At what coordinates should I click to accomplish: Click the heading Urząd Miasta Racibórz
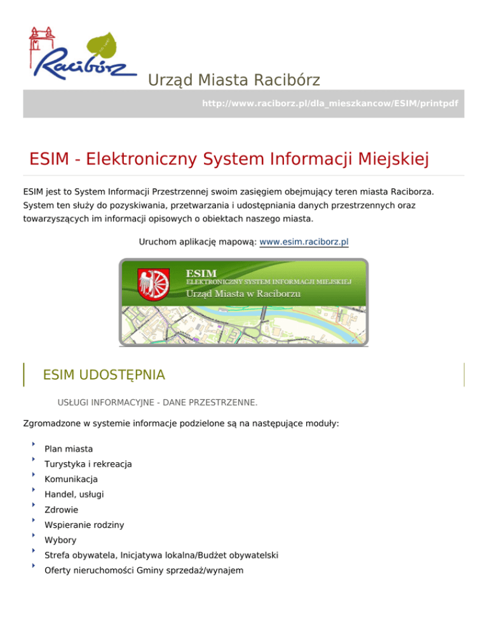point(233,80)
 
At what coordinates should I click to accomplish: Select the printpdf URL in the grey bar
point(329,103)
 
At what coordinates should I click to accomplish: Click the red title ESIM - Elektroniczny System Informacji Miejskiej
point(229,158)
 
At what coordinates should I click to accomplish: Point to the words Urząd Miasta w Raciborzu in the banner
point(243,294)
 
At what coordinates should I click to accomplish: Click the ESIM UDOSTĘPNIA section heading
point(104,375)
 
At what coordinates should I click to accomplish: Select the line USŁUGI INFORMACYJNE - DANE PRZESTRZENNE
point(158,402)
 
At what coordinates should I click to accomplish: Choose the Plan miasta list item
point(69,449)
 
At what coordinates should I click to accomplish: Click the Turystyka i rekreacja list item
point(88,464)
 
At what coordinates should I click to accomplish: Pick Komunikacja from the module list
point(71,479)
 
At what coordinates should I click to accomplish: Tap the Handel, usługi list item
point(74,494)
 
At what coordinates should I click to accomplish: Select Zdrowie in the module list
point(61,509)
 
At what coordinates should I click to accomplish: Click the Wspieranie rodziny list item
point(84,525)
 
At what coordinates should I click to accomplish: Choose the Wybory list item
point(60,540)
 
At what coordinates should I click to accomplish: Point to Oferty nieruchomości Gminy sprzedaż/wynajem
point(144,570)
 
